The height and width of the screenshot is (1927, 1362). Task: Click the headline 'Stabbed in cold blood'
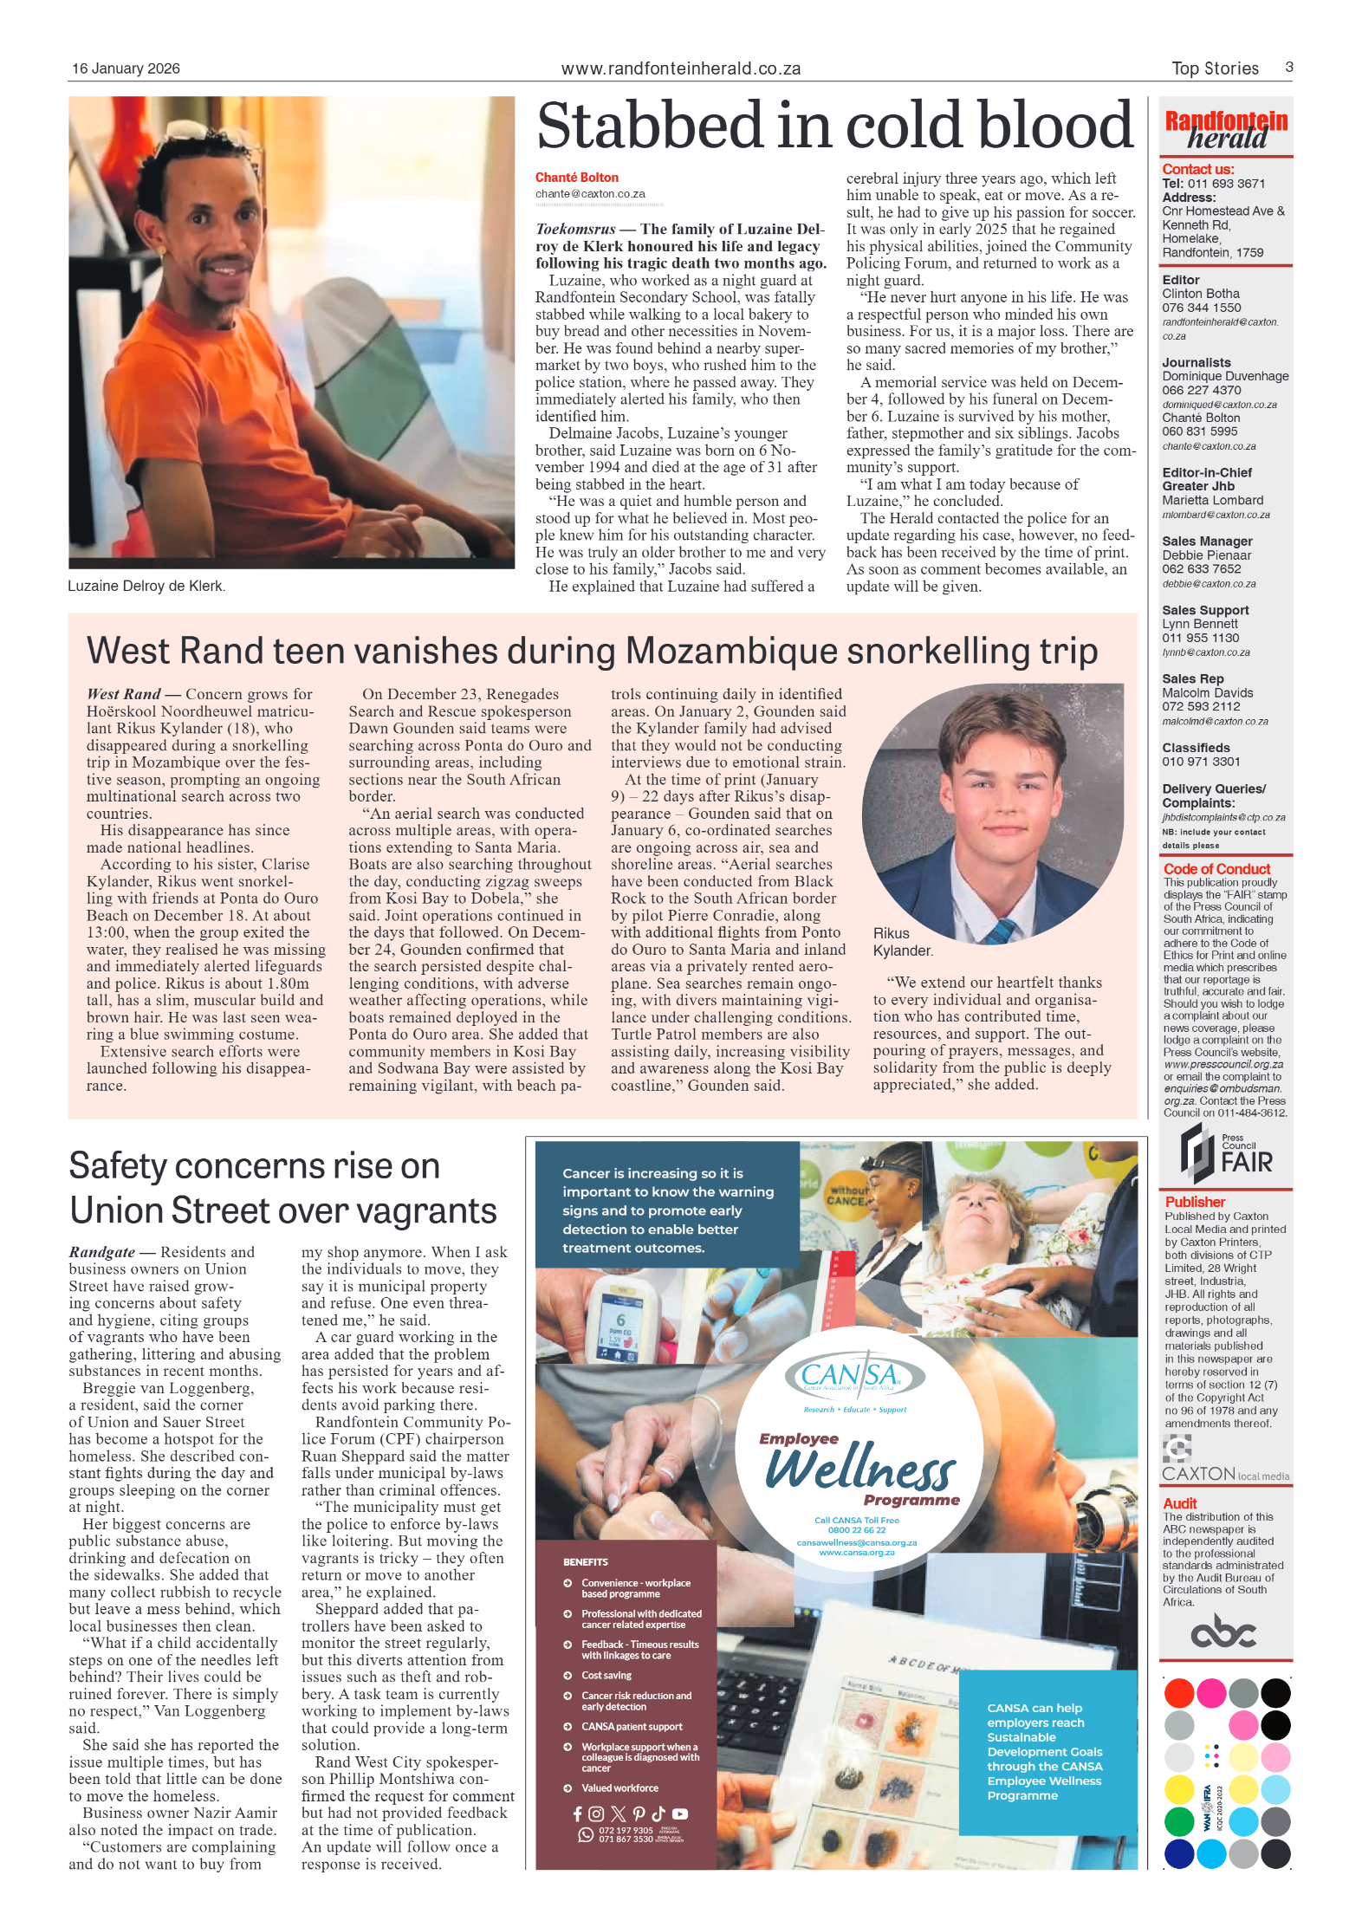(x=834, y=126)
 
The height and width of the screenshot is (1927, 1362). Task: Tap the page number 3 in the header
(x=1288, y=68)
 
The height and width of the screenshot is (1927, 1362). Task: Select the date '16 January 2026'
(x=126, y=68)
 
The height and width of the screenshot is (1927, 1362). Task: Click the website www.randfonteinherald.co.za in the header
(x=680, y=68)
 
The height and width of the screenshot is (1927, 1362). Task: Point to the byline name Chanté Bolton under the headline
(x=576, y=178)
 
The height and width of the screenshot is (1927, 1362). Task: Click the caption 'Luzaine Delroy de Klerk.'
(x=146, y=587)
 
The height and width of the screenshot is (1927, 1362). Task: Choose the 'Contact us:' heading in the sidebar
(x=1197, y=169)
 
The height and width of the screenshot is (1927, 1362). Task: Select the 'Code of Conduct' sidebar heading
(x=1216, y=869)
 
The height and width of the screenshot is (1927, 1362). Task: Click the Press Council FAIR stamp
(x=1225, y=1153)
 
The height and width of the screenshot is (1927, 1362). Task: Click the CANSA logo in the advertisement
(x=854, y=1376)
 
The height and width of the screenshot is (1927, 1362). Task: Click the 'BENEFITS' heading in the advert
(x=585, y=1562)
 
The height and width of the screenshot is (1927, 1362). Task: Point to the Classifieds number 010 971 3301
(x=1201, y=762)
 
